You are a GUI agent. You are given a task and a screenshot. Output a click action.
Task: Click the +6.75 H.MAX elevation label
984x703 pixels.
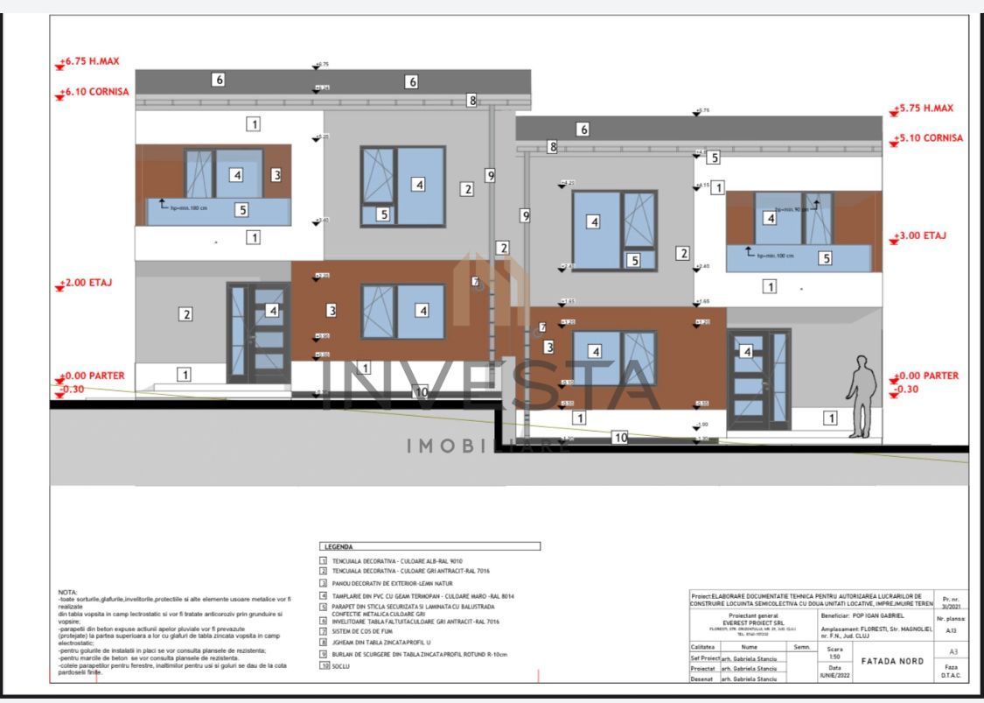[x=89, y=62]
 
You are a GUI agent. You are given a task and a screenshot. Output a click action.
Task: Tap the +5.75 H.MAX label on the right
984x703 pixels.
[x=925, y=109]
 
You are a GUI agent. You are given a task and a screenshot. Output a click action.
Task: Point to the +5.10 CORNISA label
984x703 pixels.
[x=930, y=138]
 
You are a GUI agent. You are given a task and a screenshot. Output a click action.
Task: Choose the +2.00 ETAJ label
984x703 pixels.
[x=87, y=284]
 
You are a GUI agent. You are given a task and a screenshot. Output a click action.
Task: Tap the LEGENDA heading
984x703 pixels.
[x=338, y=546]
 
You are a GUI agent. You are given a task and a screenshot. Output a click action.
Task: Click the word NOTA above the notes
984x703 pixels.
[x=67, y=592]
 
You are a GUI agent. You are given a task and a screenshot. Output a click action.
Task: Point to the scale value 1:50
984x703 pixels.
[x=834, y=657]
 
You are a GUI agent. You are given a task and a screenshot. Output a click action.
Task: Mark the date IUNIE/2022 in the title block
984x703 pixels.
[x=834, y=675]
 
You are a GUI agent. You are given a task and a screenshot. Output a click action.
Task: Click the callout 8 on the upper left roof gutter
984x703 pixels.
[x=472, y=101]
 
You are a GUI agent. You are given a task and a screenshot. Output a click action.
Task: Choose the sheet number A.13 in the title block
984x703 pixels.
[x=952, y=629]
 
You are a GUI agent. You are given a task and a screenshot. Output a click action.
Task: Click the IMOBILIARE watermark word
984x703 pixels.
[x=490, y=446]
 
